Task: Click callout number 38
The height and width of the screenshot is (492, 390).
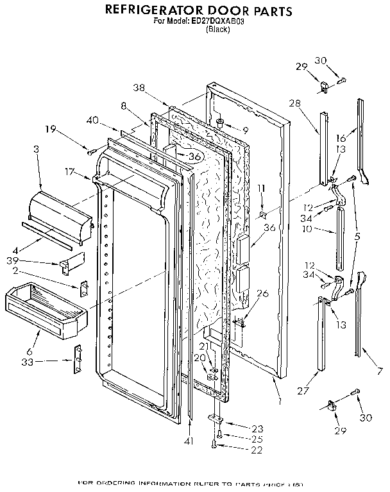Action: pos(139,87)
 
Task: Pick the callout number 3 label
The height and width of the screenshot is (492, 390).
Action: pos(36,149)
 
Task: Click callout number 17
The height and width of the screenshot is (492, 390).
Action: pos(69,171)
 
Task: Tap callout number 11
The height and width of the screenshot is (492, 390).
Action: pos(260,188)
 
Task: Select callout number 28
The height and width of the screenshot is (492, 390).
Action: pos(294,103)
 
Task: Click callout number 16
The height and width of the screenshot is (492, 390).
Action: pos(341,138)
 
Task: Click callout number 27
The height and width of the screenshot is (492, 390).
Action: pos(303,391)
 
